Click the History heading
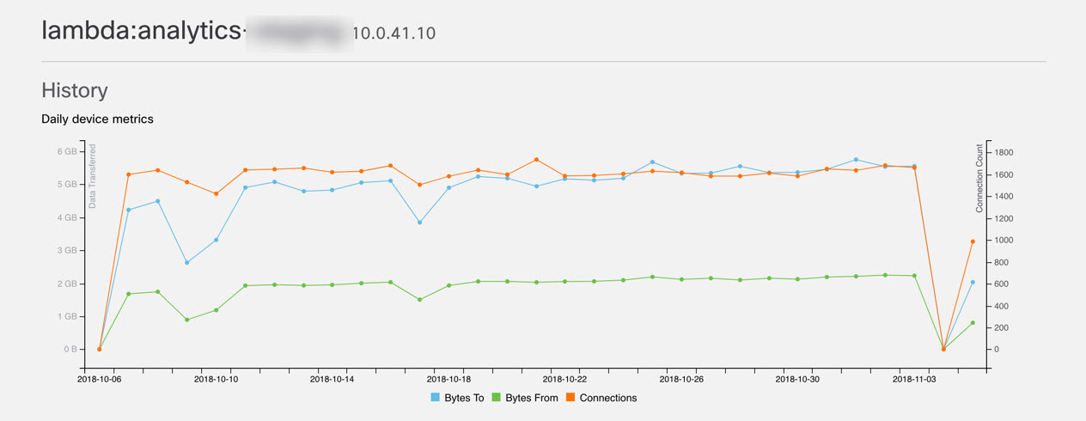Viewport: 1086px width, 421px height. (x=75, y=90)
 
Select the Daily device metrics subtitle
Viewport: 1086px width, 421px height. (x=97, y=119)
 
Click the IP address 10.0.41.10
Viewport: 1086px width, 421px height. (x=394, y=34)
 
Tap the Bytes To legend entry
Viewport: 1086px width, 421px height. (x=460, y=398)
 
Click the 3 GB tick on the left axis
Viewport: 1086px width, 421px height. (x=69, y=250)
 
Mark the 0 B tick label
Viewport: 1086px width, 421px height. (x=70, y=349)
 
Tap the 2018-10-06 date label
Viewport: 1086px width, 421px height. (x=100, y=378)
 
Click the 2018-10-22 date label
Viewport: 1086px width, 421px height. (x=565, y=378)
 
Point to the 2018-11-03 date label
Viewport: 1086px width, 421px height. (x=915, y=378)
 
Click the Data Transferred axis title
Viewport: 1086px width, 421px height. (x=93, y=176)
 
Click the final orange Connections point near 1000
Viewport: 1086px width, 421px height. (x=973, y=241)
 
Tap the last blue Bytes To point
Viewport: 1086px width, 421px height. (x=973, y=282)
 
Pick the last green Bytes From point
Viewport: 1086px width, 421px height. (x=973, y=323)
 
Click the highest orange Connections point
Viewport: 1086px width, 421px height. (x=536, y=160)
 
